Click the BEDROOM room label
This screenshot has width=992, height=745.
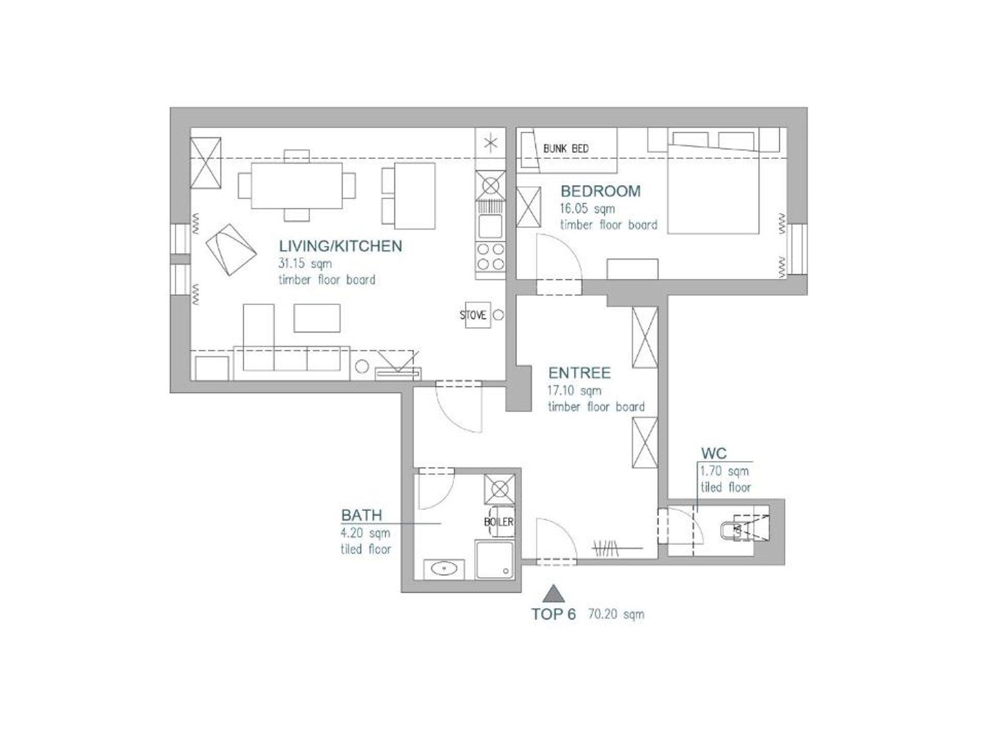(600, 191)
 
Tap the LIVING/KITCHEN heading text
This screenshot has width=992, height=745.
(340, 246)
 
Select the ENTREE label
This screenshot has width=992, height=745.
(579, 373)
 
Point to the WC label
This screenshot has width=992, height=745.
(714, 453)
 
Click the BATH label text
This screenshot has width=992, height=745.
(361, 515)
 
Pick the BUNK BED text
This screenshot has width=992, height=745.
(566, 149)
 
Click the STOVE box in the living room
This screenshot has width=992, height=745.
(478, 315)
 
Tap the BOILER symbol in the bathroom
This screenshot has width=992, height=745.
(499, 521)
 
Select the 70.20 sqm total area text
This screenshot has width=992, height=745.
(616, 615)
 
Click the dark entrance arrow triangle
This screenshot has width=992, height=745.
(553, 594)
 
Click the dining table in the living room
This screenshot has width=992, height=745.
(297, 186)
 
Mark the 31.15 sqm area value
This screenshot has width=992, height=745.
(305, 264)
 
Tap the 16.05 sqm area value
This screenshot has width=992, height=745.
(588, 209)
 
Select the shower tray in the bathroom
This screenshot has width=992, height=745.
(495, 560)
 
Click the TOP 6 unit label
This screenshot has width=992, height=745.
(554, 615)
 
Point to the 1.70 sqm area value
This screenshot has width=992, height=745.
(724, 471)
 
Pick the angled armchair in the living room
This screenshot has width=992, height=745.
(231, 249)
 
